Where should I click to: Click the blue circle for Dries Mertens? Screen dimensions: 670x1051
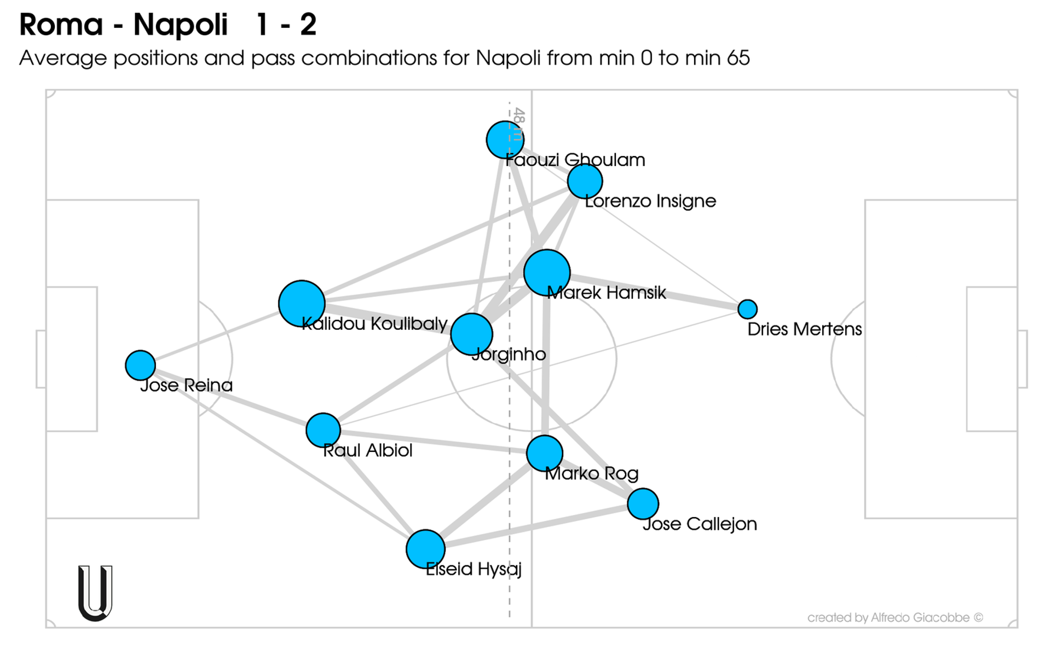click(x=747, y=309)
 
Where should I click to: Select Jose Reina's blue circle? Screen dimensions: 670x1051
click(x=140, y=365)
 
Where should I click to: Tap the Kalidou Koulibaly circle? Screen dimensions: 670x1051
click(x=302, y=303)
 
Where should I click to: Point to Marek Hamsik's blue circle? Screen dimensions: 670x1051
click(x=547, y=273)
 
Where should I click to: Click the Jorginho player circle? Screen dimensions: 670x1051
click(x=471, y=334)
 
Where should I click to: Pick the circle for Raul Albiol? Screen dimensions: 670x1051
click(x=323, y=430)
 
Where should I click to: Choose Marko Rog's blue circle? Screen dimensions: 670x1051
click(x=544, y=454)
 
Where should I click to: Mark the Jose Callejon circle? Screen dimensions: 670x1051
click(x=643, y=504)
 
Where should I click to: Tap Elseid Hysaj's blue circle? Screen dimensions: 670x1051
click(x=425, y=549)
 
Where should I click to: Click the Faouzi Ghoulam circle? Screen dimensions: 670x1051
click(x=504, y=140)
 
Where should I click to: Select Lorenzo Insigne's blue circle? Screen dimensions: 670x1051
click(x=585, y=181)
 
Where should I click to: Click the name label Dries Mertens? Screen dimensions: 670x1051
click(x=804, y=329)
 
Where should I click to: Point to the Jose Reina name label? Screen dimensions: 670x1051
click(x=186, y=386)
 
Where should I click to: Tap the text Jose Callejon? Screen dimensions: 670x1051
click(x=700, y=524)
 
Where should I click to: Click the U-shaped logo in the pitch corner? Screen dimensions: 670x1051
click(x=95, y=593)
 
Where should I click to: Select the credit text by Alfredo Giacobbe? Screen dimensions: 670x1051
click(x=895, y=618)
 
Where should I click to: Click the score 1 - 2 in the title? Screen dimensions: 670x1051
click(x=286, y=25)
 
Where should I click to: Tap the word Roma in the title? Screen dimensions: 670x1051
click(x=61, y=25)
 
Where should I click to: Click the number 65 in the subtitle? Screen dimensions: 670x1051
click(x=738, y=58)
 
